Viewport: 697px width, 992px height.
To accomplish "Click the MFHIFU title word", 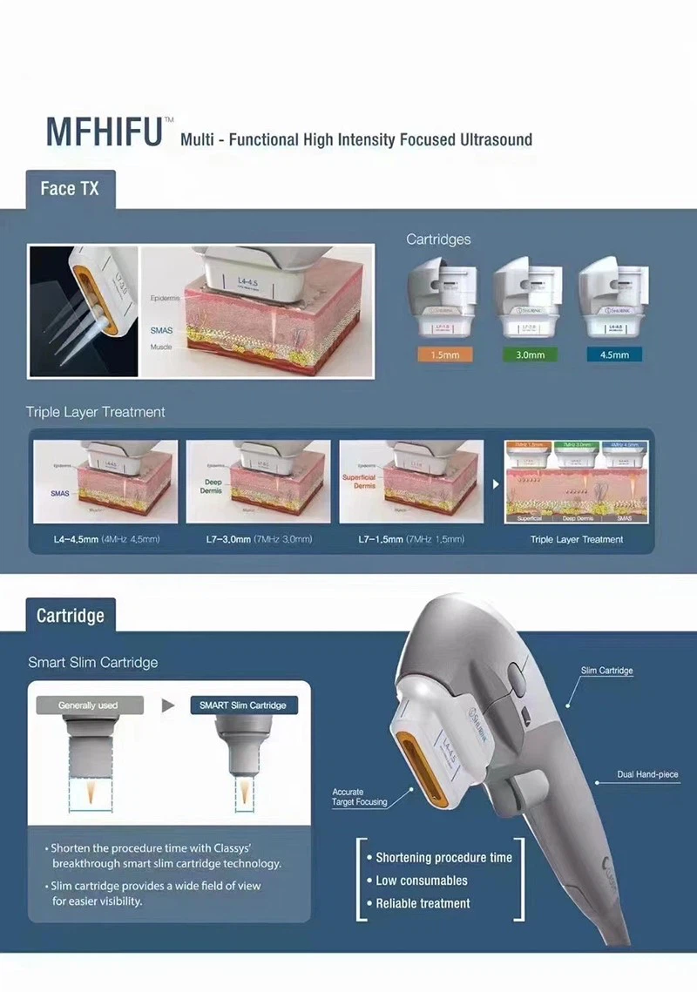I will (x=105, y=132).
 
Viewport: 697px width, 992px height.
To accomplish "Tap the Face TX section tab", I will (x=70, y=188).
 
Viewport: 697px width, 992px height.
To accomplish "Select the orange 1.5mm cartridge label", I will (x=443, y=354).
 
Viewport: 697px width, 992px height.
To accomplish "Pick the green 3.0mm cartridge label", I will (x=529, y=354).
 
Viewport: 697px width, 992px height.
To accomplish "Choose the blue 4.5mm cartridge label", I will (x=614, y=354).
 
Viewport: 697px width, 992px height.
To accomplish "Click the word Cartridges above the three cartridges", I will (x=438, y=239).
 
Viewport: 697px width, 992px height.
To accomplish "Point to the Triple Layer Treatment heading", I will (x=95, y=411).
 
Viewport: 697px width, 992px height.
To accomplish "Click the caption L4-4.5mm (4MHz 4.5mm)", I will (x=106, y=539).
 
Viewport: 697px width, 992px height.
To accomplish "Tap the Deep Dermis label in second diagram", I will (x=213, y=485).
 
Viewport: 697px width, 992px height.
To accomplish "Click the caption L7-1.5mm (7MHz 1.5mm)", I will (x=411, y=539).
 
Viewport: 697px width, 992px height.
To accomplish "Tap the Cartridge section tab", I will (x=70, y=616).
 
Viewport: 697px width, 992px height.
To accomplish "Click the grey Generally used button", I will (x=88, y=705).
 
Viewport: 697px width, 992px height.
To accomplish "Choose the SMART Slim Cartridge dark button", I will (x=243, y=705).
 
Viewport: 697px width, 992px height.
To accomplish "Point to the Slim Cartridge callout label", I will (x=606, y=671).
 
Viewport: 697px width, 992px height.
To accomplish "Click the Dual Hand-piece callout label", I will (x=647, y=774).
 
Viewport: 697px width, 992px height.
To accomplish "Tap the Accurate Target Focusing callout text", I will (x=359, y=797).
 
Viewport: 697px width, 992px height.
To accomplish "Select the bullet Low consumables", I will (x=422, y=881).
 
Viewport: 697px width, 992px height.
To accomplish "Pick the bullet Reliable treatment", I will (x=423, y=903).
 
